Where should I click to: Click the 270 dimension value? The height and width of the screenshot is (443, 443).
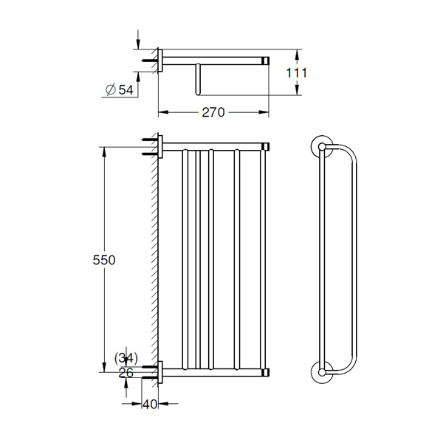(213, 112)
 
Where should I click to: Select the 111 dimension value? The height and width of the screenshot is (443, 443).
(296, 73)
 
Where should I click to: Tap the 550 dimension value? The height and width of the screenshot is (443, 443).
(104, 260)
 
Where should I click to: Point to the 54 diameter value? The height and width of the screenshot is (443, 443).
(126, 90)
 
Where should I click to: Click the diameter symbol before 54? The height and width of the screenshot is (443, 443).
(111, 89)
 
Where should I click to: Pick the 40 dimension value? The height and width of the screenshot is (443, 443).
(150, 405)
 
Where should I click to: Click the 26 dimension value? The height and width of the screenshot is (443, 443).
(126, 373)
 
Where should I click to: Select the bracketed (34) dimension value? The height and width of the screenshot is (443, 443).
(126, 358)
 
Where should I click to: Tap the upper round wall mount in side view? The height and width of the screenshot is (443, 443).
(322, 146)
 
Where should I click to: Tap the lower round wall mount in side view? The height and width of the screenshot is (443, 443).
(322, 372)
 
